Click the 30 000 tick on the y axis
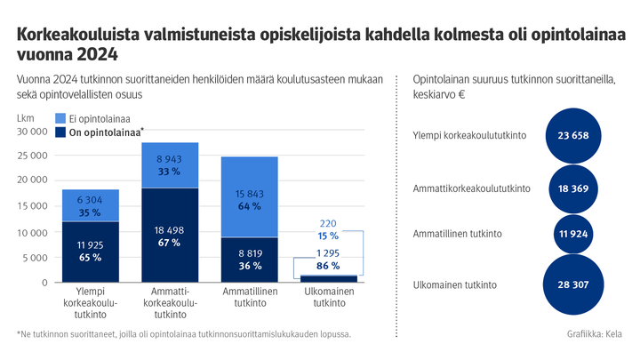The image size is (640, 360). click(32, 132)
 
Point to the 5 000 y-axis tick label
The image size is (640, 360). click(36, 259)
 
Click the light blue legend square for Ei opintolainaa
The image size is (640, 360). click(60, 118)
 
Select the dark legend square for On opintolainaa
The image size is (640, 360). click(60, 132)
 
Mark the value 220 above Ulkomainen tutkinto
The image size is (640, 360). click(328, 223)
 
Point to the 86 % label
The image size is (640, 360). click(328, 266)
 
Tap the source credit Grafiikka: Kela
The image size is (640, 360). click(594, 334)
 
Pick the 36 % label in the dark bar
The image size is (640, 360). click(249, 266)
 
